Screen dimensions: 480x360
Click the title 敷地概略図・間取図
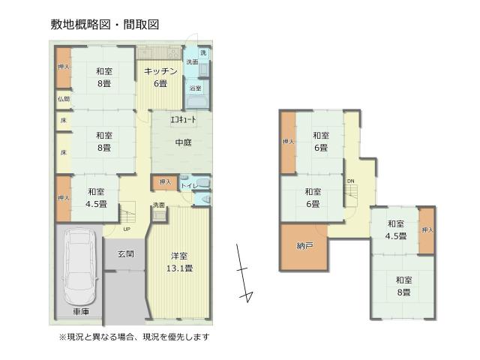(105, 25)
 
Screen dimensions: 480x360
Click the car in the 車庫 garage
(79, 266)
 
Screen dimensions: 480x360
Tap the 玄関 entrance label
(126, 253)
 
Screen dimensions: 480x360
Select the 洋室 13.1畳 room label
(179, 262)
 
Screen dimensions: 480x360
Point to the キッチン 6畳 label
(160, 77)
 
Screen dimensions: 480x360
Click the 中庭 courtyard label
(183, 142)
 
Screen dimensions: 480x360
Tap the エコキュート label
(183, 119)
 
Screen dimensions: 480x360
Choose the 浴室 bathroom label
(195, 88)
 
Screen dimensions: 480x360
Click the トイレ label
(189, 186)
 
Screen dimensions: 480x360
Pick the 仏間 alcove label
(64, 99)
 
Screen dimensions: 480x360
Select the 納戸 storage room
(304, 247)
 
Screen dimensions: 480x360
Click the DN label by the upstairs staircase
(351, 181)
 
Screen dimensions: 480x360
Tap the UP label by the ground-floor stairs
(127, 229)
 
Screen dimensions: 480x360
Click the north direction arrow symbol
(244, 272)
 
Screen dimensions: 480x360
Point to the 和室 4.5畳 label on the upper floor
(396, 230)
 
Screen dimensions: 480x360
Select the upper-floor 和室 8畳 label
(403, 286)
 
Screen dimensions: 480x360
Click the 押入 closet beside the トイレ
(165, 183)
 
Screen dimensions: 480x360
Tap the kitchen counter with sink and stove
(159, 53)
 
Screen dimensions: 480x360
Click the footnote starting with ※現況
(134, 337)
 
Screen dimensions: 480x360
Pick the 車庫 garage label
(81, 312)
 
